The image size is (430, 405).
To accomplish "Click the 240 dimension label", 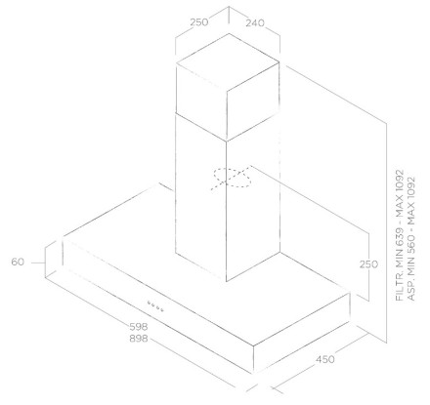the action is tap(255, 23).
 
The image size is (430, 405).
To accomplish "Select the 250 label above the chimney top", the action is tap(199, 22).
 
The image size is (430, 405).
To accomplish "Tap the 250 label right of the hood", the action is tap(368, 264).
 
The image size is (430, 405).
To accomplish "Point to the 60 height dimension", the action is tap(18, 262).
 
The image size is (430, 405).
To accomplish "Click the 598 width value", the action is tap(139, 326).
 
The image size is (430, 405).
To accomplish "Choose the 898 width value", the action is tap(139, 339).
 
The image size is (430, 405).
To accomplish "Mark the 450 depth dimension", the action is tap(325, 359).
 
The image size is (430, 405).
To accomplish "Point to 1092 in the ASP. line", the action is tap(411, 189).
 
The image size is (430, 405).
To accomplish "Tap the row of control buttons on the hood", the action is tap(155, 306).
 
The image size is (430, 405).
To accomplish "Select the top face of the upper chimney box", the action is tap(228, 61).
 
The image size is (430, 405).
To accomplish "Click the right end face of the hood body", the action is tap(301, 333).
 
